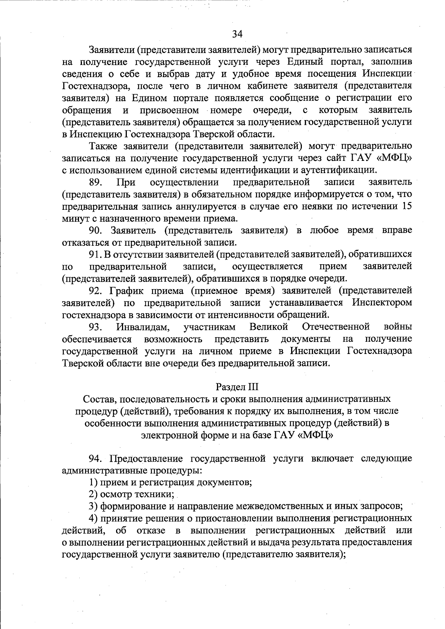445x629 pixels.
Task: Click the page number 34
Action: point(237,34)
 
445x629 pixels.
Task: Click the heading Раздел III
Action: point(237,387)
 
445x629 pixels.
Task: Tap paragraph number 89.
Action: point(95,182)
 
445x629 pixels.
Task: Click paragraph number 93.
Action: point(95,327)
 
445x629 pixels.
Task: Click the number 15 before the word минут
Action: point(406,206)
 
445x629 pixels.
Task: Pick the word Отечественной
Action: point(336,327)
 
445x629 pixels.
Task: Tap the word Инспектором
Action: point(382,303)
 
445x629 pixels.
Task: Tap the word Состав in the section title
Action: point(98,399)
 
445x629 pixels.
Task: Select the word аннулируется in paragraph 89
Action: point(204,206)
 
